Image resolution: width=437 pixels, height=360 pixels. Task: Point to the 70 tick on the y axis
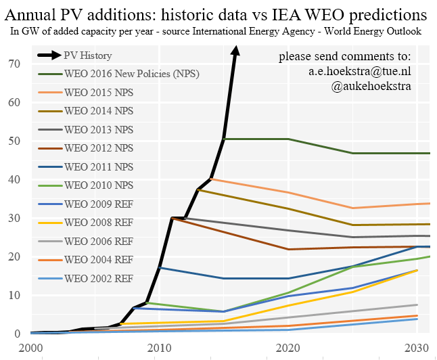(x=13, y=64)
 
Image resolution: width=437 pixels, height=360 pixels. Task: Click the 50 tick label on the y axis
(x=13, y=141)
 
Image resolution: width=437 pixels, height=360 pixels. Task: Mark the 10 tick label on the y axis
(x=13, y=295)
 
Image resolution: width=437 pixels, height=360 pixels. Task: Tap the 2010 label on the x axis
(x=160, y=347)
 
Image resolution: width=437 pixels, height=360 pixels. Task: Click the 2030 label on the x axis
(x=415, y=347)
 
